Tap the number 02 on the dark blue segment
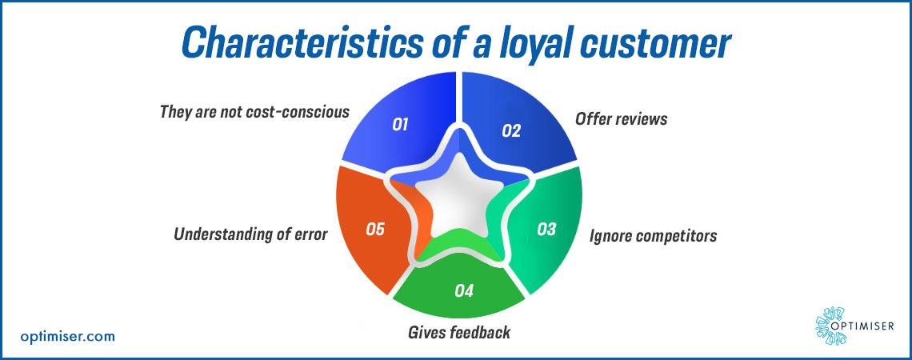point(511,130)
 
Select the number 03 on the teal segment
point(546,230)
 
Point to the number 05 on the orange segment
point(375,230)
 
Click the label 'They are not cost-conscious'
point(254,111)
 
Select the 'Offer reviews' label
point(621,119)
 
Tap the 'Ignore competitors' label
point(653,236)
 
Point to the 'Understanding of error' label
point(251,236)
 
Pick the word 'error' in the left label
point(310,236)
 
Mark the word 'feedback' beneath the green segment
point(482,332)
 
